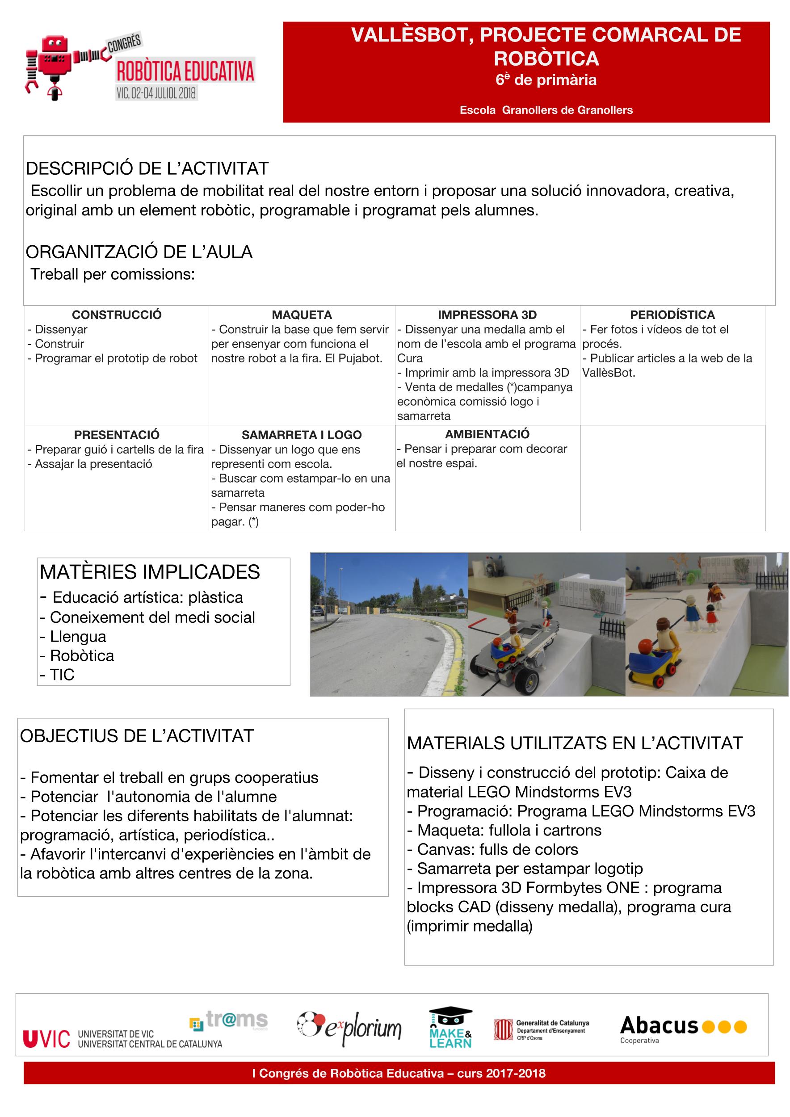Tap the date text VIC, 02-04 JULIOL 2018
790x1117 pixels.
[x=155, y=93]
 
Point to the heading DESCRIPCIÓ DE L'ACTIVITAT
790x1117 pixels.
[x=147, y=169]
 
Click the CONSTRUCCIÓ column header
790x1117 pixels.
[x=117, y=315]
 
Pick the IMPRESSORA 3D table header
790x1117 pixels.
[x=487, y=315]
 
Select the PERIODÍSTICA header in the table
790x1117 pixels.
[x=672, y=315]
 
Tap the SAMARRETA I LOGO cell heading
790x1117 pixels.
[x=302, y=435]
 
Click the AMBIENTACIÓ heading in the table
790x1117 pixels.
[x=487, y=434]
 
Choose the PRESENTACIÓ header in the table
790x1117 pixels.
[x=117, y=435]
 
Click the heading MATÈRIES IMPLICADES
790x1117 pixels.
[x=150, y=572]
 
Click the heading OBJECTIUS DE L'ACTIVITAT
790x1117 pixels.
[x=137, y=736]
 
